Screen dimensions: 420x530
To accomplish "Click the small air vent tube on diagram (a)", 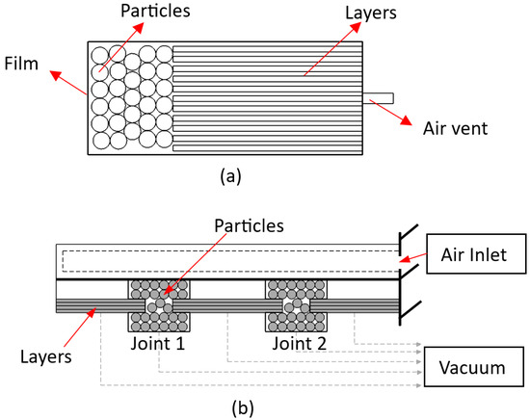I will pyautogui.click(x=377, y=97).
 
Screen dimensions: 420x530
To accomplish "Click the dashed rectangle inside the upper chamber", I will pyautogui.click(x=229, y=261).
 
